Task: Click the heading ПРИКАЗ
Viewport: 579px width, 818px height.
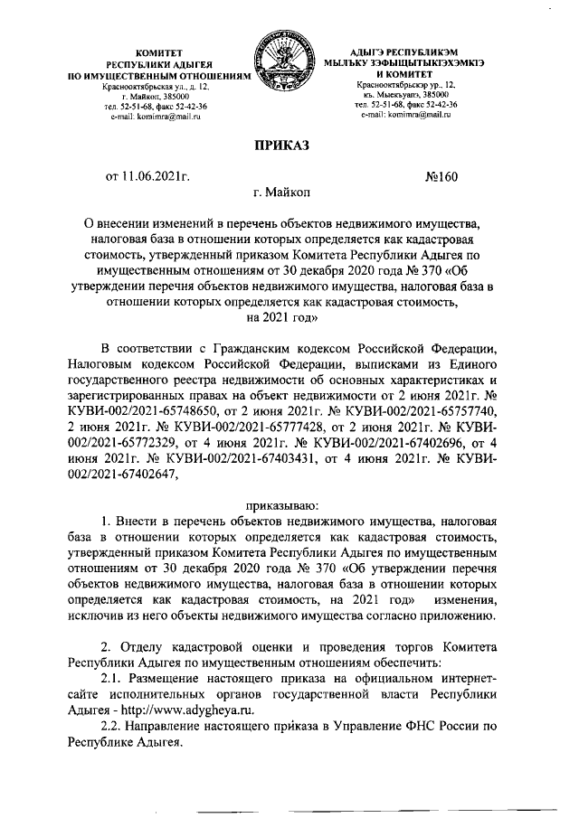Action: tap(288, 145)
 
